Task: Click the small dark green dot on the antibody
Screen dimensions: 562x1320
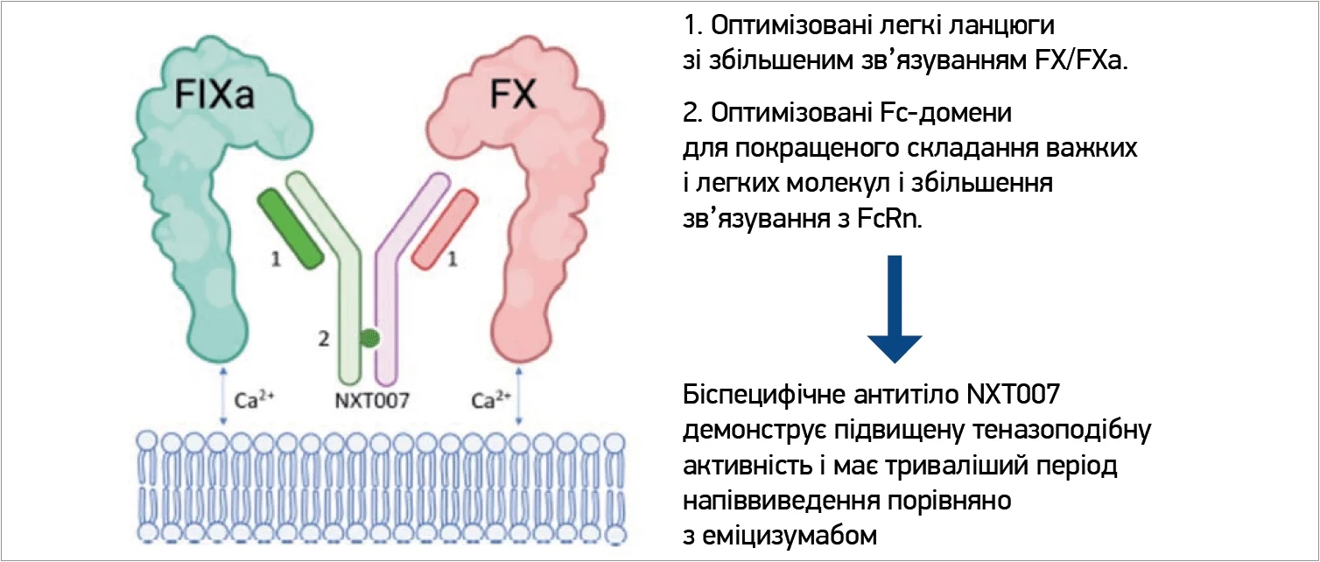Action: coord(369,338)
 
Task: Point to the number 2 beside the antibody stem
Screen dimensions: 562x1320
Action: coord(324,339)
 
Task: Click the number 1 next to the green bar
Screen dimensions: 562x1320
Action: coord(277,260)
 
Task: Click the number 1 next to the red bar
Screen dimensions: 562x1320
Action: coord(453,258)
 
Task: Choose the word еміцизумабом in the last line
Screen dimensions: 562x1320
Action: coord(790,533)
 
